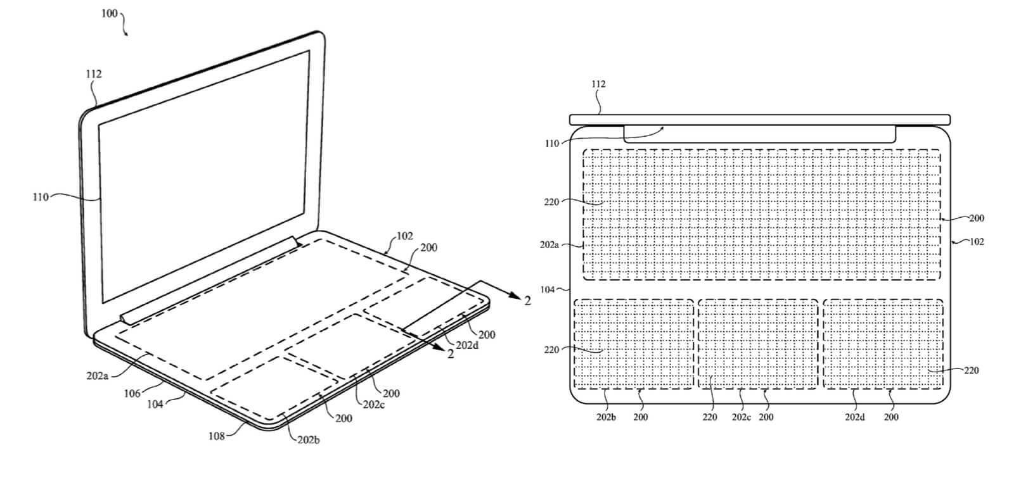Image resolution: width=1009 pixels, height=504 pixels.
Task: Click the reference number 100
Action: click(x=109, y=13)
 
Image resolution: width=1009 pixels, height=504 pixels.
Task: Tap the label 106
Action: click(x=132, y=394)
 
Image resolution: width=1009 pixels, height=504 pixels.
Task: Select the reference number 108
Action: click(x=216, y=436)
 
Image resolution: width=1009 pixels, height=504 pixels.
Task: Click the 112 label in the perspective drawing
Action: click(x=94, y=74)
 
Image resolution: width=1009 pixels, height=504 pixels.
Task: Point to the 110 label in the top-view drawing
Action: click(x=552, y=144)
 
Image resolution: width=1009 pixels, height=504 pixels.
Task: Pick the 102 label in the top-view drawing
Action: click(x=977, y=242)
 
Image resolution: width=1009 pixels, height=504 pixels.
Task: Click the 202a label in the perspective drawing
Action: click(x=98, y=375)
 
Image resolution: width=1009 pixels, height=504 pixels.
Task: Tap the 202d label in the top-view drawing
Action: click(x=855, y=417)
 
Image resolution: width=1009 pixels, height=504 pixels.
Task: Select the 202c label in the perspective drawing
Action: click(x=374, y=405)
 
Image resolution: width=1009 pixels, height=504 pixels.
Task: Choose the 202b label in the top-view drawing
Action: click(x=607, y=417)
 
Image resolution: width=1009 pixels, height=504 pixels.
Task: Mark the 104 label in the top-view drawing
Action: click(x=548, y=290)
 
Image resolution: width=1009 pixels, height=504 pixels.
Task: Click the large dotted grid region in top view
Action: click(x=762, y=215)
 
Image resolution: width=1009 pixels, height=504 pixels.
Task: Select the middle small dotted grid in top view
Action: click(x=758, y=344)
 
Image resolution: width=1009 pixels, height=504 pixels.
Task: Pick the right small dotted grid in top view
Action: click(x=884, y=344)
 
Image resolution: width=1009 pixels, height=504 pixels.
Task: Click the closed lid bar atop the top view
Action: click(x=760, y=120)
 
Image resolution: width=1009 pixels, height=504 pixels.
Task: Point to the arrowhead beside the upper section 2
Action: click(x=515, y=295)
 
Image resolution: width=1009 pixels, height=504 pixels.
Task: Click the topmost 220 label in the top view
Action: click(x=551, y=202)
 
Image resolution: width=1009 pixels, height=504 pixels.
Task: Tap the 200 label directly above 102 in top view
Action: click(x=977, y=218)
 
